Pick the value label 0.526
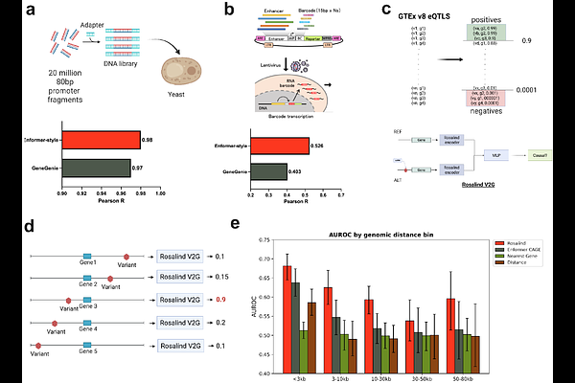[321, 146]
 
